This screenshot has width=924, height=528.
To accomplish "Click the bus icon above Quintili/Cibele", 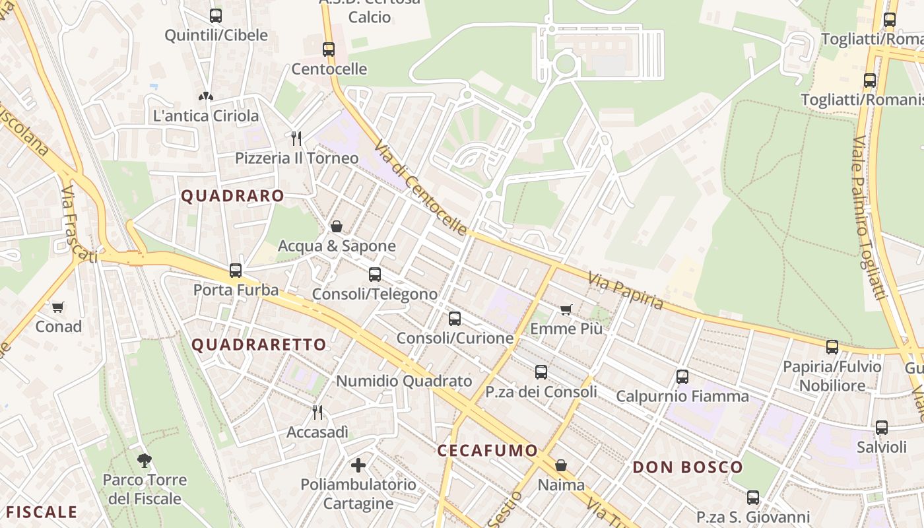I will coord(215,16).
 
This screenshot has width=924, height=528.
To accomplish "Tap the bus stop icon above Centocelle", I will coord(328,49).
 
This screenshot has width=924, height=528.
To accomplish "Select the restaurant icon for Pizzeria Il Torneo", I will coord(296,138).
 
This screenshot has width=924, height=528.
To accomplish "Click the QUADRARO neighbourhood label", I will coord(232,196).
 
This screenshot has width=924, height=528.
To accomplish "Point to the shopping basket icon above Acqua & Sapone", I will coord(337,226).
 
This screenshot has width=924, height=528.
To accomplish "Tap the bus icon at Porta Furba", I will coord(235,270).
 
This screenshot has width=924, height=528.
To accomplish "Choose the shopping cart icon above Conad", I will coord(58,307).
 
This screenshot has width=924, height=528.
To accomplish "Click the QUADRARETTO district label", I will coord(259,345).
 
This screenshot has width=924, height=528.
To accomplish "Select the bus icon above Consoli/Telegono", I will coord(375,274).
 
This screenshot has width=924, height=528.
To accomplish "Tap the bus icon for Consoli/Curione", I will coord(455,319).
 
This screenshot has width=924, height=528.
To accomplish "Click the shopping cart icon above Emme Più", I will coord(566,309).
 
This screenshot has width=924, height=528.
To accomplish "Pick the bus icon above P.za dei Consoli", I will coord(541,372).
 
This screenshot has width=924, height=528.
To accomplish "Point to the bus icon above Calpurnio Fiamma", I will coord(682,377).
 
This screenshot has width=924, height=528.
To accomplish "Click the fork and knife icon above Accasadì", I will coord(317,412).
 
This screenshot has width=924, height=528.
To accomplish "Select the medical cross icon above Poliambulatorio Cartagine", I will coord(358,465).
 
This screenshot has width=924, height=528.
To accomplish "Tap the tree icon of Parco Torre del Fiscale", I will coord(145,460).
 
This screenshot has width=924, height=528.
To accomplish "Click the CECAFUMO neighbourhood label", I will coord(488,451).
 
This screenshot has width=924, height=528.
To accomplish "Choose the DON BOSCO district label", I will coord(688,468).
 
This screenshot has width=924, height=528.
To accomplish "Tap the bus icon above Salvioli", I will coord(882,428).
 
